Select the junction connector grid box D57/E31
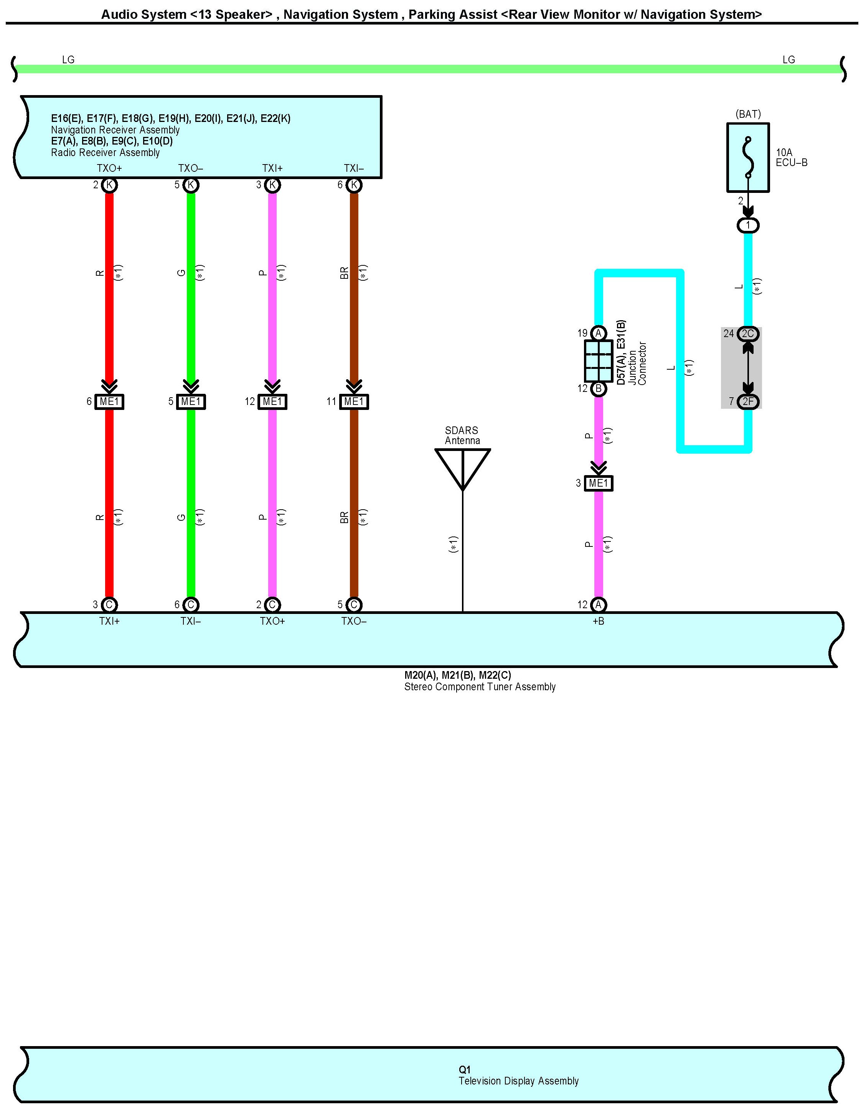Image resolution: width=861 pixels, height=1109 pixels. point(599,360)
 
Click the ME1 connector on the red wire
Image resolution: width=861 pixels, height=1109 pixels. point(109,401)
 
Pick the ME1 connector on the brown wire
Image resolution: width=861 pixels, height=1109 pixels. point(354,401)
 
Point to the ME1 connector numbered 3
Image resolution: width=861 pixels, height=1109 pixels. point(599,484)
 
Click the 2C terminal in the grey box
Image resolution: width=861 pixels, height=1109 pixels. point(748,334)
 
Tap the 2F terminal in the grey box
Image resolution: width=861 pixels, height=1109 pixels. point(748,401)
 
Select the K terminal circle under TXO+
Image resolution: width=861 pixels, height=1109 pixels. point(109,185)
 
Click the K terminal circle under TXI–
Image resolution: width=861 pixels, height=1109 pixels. point(354,185)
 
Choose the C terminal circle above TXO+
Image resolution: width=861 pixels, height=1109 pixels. point(272,605)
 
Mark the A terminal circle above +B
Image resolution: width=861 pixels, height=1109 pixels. point(599,605)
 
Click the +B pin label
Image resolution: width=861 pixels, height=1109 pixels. point(599,621)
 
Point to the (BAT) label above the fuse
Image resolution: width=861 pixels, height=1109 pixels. point(748,114)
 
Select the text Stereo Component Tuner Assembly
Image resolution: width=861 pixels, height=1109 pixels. point(480,687)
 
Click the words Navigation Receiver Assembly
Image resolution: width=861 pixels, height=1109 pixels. point(115,130)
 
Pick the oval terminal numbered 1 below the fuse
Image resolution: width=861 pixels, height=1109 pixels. point(748,225)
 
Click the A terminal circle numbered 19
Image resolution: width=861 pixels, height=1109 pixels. point(599,333)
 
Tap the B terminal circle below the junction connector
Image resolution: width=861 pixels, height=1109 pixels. point(599,389)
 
